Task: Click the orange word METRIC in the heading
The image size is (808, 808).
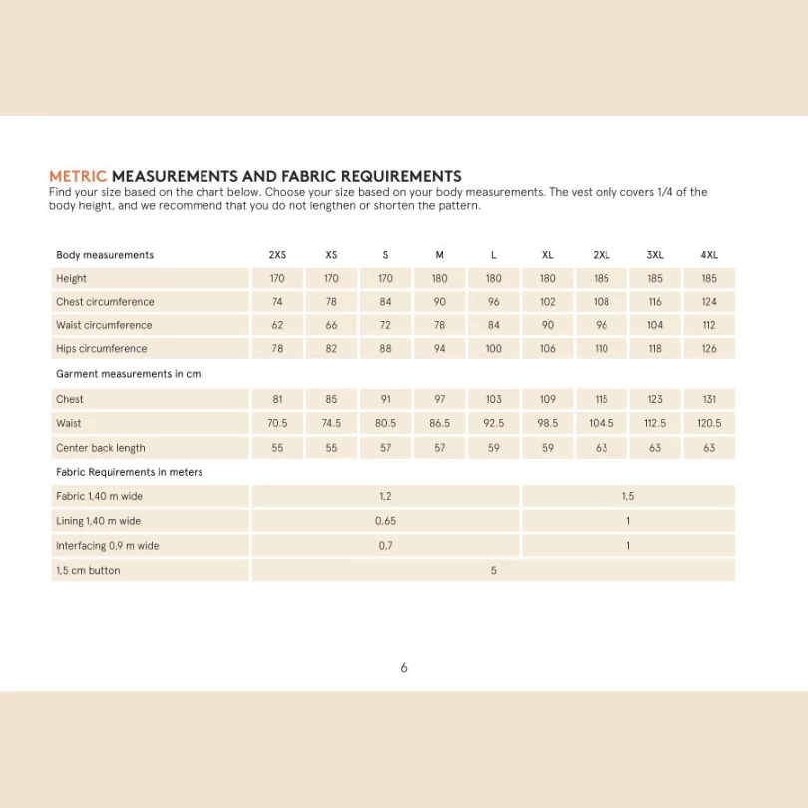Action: (78, 176)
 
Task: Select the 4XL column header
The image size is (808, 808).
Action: (709, 255)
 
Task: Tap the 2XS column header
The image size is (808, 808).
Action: (277, 255)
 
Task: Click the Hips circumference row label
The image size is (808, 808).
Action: (101, 349)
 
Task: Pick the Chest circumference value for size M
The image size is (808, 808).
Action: (439, 302)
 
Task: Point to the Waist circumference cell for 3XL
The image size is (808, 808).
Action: (655, 325)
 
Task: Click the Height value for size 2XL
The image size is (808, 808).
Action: (602, 279)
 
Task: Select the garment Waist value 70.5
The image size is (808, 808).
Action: (277, 423)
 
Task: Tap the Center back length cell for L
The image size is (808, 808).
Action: (494, 448)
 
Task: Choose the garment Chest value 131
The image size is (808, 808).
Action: (709, 399)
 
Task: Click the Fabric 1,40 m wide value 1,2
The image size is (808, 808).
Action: (385, 496)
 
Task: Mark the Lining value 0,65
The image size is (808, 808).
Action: (385, 521)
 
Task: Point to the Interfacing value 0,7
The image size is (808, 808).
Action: (385, 546)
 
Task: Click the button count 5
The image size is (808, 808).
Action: (494, 571)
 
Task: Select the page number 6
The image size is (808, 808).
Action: (404, 668)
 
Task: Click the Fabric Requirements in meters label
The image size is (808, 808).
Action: (129, 472)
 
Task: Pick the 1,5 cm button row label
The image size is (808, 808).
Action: (88, 571)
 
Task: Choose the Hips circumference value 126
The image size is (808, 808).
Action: (709, 349)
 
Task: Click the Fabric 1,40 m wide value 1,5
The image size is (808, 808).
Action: (628, 496)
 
